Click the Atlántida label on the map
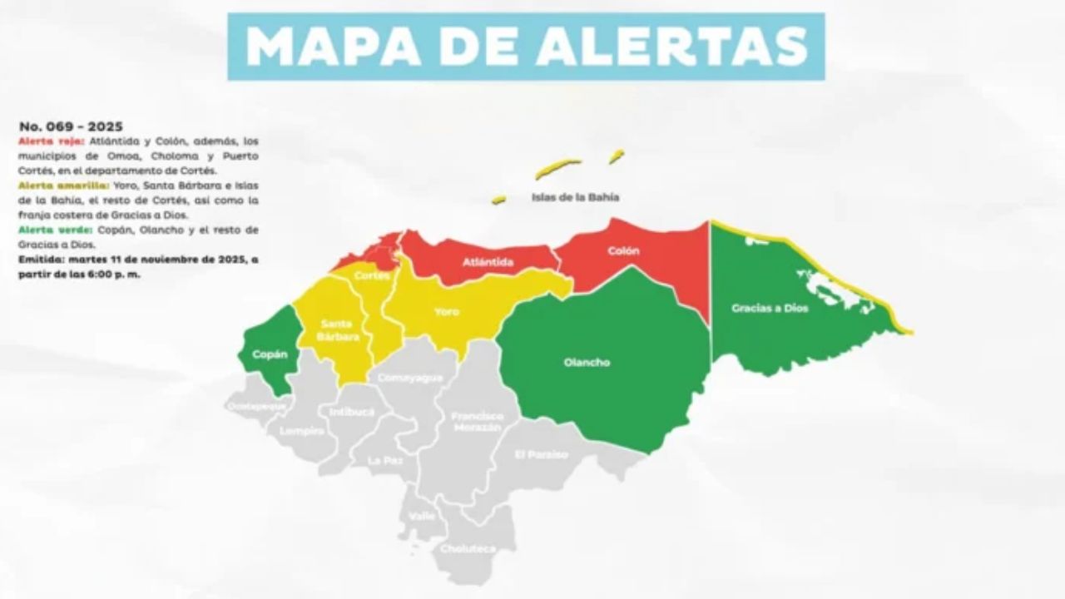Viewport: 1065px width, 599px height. (x=488, y=263)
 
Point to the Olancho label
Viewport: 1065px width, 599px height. (x=587, y=363)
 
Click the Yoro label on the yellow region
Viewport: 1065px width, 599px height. (x=447, y=312)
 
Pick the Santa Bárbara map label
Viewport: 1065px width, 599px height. (x=337, y=330)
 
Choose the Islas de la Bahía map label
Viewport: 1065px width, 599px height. (x=575, y=198)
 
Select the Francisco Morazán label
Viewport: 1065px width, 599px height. (x=477, y=421)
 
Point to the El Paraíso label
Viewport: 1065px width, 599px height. (x=541, y=454)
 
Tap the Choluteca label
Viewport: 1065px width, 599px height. (x=468, y=549)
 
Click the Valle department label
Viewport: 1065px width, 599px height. (x=422, y=516)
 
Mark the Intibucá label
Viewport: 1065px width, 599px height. (x=352, y=412)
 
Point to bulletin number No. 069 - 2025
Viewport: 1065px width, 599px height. (x=71, y=126)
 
